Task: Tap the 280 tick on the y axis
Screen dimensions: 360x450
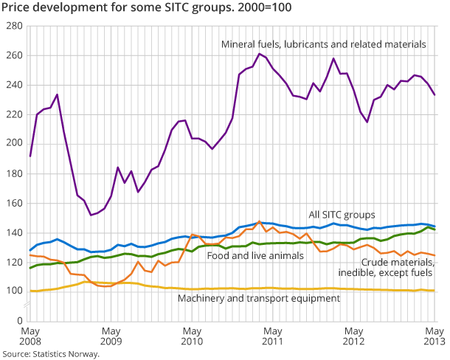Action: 13,26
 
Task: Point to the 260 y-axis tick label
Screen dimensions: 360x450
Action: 13,55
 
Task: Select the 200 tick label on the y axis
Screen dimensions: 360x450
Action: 13,144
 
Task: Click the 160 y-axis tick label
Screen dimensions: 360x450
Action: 13,203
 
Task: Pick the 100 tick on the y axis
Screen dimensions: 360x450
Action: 13,291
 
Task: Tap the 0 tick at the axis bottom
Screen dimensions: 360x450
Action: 19,321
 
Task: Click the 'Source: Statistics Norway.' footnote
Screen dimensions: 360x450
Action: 50,354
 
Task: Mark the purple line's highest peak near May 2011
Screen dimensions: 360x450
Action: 260,53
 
